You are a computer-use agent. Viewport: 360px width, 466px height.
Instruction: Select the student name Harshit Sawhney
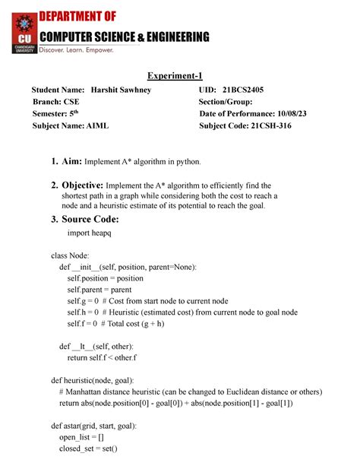coord(121,90)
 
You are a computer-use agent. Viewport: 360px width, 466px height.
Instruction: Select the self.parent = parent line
coord(99,290)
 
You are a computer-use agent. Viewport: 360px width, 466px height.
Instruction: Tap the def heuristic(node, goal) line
coord(92,380)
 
